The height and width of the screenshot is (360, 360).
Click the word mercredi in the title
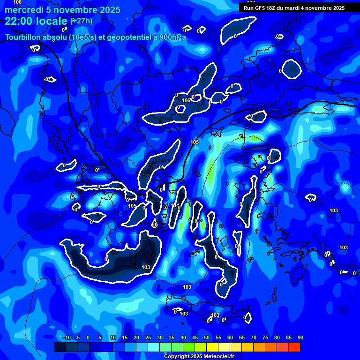[24, 10]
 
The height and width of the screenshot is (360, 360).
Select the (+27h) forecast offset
[81, 21]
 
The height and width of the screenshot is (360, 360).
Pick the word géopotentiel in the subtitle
[121, 37]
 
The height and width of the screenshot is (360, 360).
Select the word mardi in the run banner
[300, 7]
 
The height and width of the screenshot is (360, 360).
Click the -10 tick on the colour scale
[67, 338]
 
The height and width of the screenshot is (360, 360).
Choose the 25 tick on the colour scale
[148, 338]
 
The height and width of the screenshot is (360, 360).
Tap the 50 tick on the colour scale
[207, 338]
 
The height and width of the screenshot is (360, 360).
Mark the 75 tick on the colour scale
[265, 338]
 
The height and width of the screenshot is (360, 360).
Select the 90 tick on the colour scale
[300, 338]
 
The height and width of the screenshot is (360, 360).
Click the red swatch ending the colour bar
[294, 347]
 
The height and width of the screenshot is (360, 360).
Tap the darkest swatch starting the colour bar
[60, 347]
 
